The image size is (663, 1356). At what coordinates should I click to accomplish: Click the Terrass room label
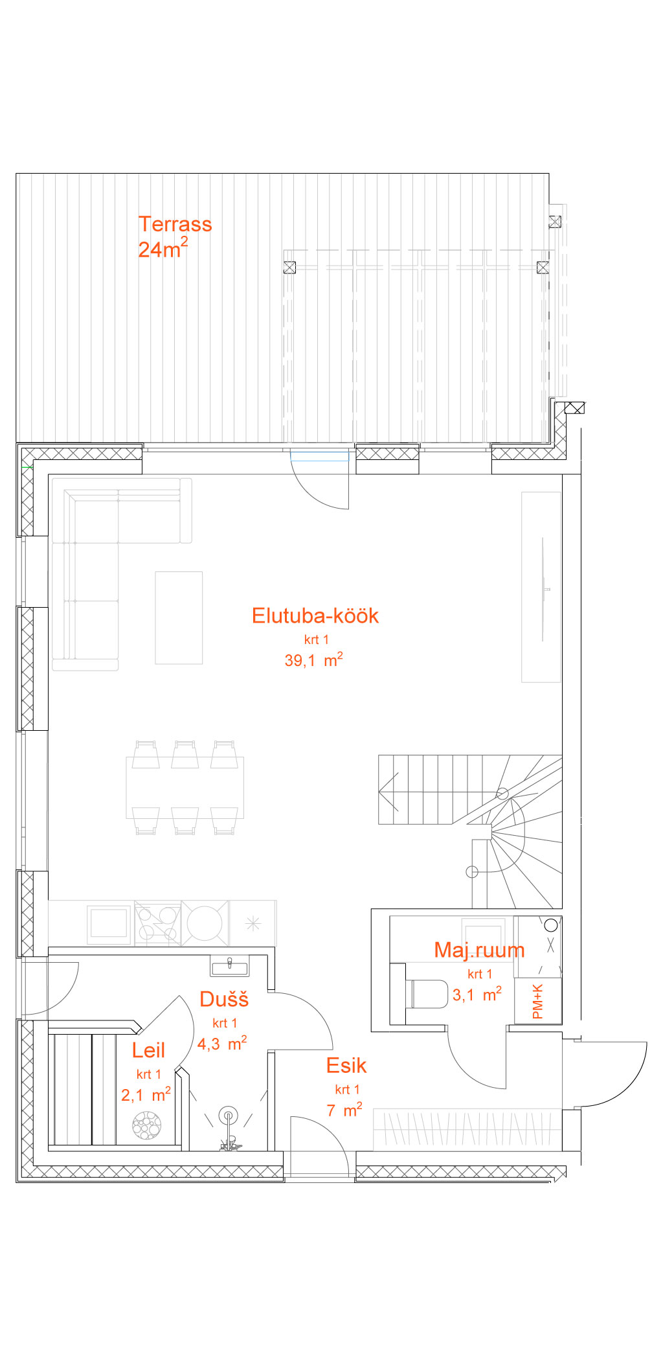[175, 224]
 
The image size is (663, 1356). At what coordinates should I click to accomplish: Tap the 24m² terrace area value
[163, 248]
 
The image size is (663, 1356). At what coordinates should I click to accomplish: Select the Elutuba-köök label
[315, 615]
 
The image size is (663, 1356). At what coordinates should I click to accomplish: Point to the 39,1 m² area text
[313, 660]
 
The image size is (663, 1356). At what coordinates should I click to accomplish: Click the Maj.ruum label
[479, 950]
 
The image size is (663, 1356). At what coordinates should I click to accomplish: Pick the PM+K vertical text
[537, 1001]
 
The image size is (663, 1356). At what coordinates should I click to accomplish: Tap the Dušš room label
[224, 998]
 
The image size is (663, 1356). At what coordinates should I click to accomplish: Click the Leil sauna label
[148, 1050]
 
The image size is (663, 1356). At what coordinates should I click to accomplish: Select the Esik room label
[346, 1066]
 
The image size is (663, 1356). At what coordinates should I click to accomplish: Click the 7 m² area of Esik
[344, 1110]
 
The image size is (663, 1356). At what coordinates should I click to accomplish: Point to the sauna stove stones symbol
[146, 1125]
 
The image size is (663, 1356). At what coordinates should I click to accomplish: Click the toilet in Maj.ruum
[427, 994]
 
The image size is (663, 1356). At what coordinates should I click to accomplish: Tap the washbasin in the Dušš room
[229, 967]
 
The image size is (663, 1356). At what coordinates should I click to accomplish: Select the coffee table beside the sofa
[179, 618]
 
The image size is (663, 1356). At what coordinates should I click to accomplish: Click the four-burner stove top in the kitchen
[158, 923]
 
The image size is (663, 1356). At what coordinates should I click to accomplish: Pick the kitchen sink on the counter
[108, 923]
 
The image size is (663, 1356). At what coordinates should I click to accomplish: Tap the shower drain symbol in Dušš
[228, 1116]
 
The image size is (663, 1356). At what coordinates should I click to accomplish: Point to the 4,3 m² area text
[222, 1043]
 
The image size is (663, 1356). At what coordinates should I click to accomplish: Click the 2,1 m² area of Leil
[146, 1095]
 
